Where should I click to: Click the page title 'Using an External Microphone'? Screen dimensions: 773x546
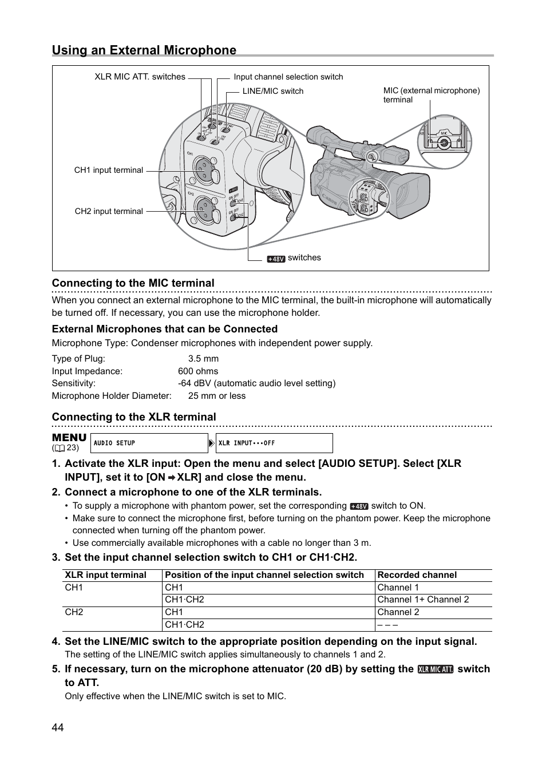pyautogui.click(x=144, y=50)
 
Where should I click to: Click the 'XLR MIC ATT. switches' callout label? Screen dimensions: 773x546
pyautogui.click(x=140, y=77)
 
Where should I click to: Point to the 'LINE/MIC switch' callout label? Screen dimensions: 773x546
pyautogui.click(x=272, y=91)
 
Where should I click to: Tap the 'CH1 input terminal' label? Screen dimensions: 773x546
pyautogui.click(x=108, y=170)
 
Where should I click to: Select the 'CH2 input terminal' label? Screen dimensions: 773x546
pyautogui.click(x=109, y=211)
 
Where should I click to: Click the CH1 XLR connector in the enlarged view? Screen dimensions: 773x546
pyautogui.click(x=203, y=168)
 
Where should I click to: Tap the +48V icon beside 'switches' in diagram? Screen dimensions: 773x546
pyautogui.click(x=276, y=259)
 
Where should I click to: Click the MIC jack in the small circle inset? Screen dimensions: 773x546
pyautogui.click(x=444, y=144)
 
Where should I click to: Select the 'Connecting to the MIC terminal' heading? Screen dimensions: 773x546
pyautogui.click(x=133, y=283)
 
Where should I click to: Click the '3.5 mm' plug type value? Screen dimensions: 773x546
pyautogui.click(x=203, y=359)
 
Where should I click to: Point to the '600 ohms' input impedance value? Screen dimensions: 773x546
pyautogui.click(x=197, y=371)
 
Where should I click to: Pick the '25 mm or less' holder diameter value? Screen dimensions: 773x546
pyautogui.click(x=216, y=396)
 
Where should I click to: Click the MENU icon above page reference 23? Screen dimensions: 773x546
pyautogui.click(x=69, y=438)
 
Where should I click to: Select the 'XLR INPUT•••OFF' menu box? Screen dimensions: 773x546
pyautogui.click(x=274, y=443)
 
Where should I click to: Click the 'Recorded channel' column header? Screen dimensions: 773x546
pyautogui.click(x=417, y=575)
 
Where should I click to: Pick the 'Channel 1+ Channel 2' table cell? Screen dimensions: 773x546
pyautogui.click(x=423, y=600)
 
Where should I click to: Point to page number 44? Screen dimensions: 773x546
pyautogui.click(x=58, y=727)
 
